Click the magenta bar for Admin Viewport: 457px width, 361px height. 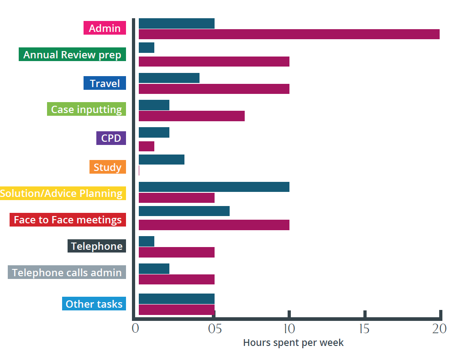pos(289,34)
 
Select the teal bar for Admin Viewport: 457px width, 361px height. pos(176,23)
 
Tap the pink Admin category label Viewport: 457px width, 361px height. pos(105,28)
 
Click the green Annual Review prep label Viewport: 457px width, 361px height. pos(72,55)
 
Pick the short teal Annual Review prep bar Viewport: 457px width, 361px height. pos(146,47)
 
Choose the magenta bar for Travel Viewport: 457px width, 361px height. pos(214,89)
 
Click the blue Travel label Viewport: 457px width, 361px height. pos(105,83)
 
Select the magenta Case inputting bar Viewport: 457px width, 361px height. pos(191,116)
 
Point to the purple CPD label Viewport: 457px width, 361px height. pos(111,138)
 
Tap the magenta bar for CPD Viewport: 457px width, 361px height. pos(146,146)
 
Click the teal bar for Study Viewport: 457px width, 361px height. pos(161,160)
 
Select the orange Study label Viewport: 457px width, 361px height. pos(107,167)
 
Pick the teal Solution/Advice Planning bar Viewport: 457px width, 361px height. pos(214,187)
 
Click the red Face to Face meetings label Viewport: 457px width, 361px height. pos(68,220)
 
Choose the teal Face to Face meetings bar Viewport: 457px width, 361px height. pos(184,211)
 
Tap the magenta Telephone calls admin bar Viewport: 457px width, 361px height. pos(176,279)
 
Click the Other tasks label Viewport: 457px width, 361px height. pos(94,304)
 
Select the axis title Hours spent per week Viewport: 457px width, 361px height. pos(293,343)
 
